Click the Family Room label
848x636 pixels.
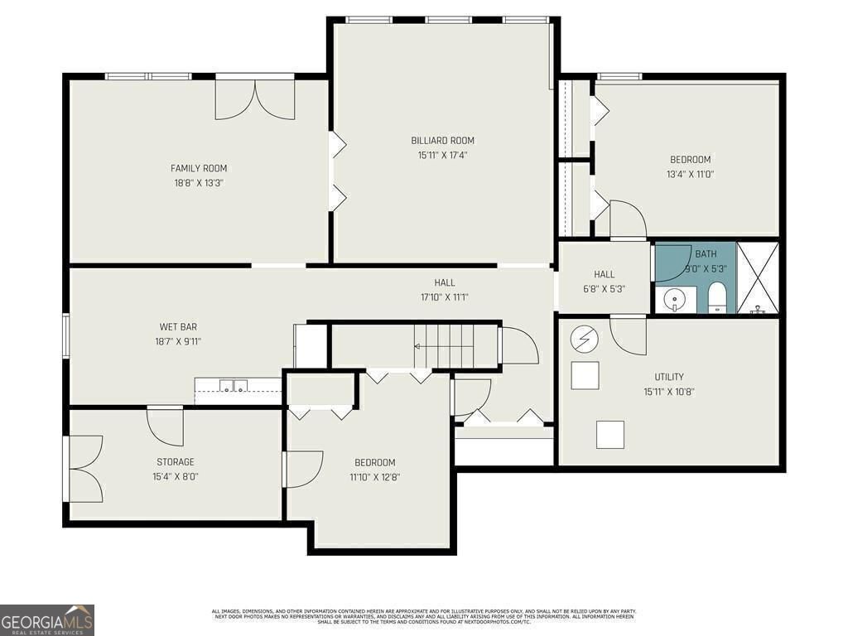[199, 168]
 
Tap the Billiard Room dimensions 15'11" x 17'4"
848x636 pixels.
[443, 155]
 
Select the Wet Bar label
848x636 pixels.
[178, 326]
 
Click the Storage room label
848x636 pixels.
[176, 462]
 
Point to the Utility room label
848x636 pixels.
[668, 377]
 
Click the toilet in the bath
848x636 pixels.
[717, 297]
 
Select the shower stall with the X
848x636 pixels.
[757, 278]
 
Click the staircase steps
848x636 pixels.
[445, 345]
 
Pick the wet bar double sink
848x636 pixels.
[234, 385]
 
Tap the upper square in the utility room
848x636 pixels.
[585, 376]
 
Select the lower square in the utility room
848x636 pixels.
[610, 434]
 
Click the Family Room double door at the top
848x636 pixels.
[255, 99]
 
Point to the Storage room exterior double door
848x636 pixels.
[84, 469]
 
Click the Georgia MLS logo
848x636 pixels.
[47, 619]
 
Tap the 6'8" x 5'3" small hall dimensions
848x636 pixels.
[604, 289]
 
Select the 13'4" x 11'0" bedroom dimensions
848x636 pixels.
[690, 174]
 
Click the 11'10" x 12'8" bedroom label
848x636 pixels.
[375, 462]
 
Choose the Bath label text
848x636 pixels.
[706, 254]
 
